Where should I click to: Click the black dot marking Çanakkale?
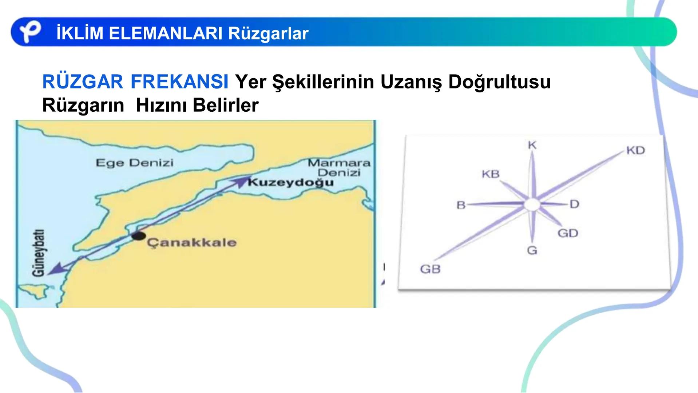tap(138, 236)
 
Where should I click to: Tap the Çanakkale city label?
tap(191, 243)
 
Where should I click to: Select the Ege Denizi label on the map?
tap(134, 162)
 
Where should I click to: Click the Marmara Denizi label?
tap(339, 167)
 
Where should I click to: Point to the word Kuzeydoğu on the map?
tap(291, 182)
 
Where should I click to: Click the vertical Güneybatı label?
tap(39, 253)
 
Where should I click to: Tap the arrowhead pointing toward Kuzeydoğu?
tap(241, 180)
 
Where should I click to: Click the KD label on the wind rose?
tap(635, 150)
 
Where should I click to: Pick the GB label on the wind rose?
tap(430, 269)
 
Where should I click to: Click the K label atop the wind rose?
tap(532, 145)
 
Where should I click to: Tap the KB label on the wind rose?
tap(491, 174)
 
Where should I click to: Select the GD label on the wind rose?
tap(568, 233)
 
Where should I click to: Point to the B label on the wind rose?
tap(461, 205)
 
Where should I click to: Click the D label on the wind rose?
tap(574, 204)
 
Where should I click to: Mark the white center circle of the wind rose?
tap(532, 205)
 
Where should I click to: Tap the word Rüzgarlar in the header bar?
tap(268, 33)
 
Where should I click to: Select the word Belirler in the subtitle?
tap(226, 105)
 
